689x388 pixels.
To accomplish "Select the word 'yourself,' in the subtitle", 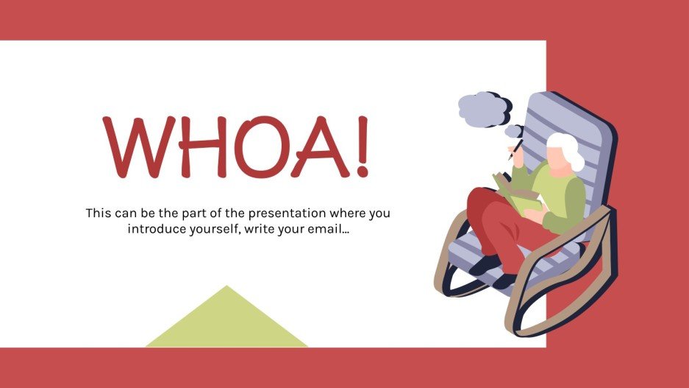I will point(214,229).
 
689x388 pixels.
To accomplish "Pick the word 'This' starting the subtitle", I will point(99,214).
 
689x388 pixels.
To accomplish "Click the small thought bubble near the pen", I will point(514,131).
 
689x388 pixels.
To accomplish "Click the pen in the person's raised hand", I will point(517,147).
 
